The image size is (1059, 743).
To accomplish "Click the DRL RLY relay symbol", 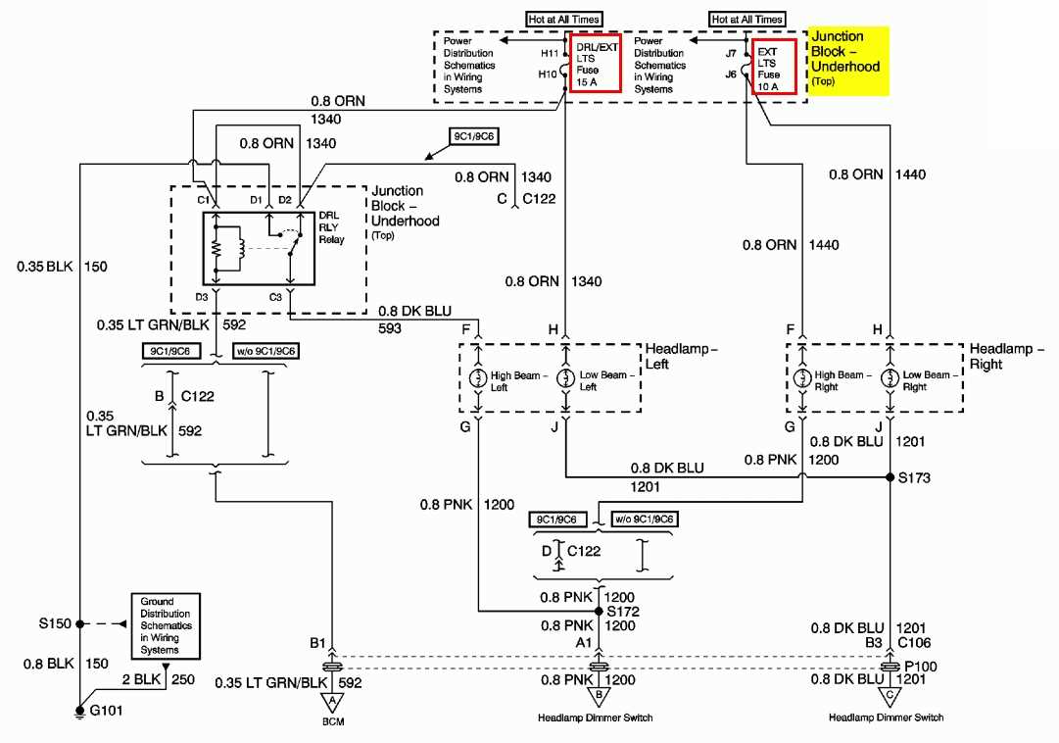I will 259,248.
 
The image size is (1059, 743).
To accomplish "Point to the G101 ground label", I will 106,711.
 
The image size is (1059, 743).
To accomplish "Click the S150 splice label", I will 54,622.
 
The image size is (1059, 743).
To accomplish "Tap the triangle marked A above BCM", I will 333,700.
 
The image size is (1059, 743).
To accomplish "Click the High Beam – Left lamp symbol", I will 479,379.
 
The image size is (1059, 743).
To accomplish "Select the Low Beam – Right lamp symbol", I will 890,378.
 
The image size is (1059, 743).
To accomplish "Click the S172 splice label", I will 622,610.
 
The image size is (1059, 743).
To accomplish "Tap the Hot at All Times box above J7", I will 747,19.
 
